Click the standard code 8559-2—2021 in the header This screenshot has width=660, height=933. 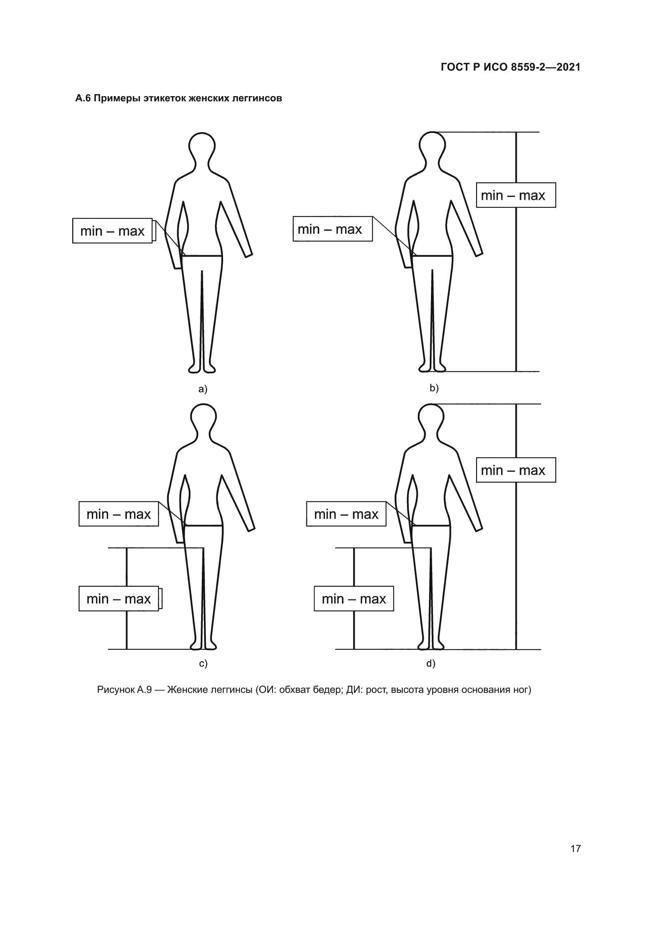pos(545,67)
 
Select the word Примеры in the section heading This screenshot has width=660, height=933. pos(117,99)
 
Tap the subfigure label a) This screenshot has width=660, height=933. pos(203,389)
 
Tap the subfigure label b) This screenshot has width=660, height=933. pos(434,388)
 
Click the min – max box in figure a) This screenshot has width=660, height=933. pos(113,231)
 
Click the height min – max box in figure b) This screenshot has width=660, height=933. pos(516,195)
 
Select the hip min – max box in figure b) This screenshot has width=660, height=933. pos(333,229)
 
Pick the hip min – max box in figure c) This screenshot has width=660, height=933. pos(119,514)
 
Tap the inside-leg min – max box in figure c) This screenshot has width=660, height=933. pos(119,599)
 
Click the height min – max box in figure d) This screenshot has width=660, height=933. pos(516,470)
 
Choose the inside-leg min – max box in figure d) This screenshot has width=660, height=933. pos(354,599)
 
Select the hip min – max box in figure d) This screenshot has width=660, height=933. pos(346,514)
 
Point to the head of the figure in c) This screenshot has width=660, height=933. pos(203,417)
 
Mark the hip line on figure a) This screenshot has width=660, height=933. pos(203,256)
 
